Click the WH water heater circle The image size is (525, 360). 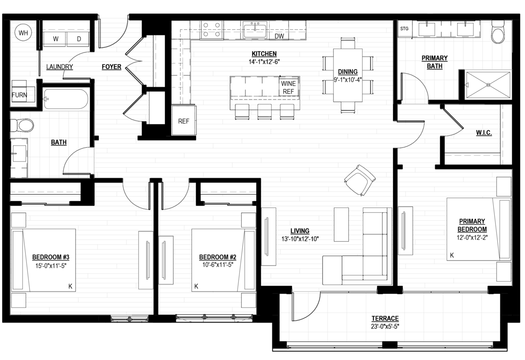point(23,33)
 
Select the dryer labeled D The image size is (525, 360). point(78,39)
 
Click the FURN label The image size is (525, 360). point(19,95)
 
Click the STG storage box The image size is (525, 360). point(405,29)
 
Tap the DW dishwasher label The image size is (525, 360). point(279,36)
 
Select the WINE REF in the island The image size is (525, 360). point(288,87)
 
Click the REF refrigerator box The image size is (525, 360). point(184,121)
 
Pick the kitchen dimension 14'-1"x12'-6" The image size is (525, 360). point(264,62)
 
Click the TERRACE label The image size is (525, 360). point(385,318)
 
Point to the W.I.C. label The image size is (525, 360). point(484,133)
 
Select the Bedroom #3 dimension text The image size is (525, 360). point(51,266)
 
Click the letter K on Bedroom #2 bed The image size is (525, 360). point(196,286)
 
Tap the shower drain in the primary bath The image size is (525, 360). point(488,85)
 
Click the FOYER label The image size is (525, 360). point(112,67)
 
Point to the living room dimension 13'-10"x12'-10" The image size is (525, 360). point(300,239)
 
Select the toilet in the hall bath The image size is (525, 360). point(22,126)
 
